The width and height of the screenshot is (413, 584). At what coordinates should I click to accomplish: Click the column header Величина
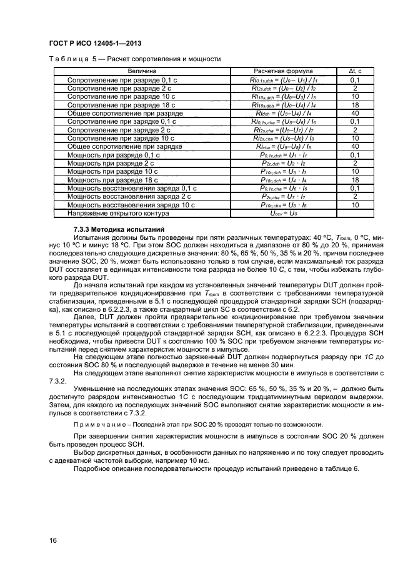pyautogui.click(x=142, y=71)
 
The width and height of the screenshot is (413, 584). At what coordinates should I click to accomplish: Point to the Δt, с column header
pyautogui.click(x=355, y=71)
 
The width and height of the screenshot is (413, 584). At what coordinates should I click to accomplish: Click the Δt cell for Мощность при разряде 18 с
pyautogui.click(x=355, y=180)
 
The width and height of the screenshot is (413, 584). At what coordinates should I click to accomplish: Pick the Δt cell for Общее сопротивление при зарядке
pyautogui.click(x=355, y=147)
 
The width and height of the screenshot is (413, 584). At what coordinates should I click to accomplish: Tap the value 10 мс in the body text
pyautogui.click(x=201, y=460)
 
